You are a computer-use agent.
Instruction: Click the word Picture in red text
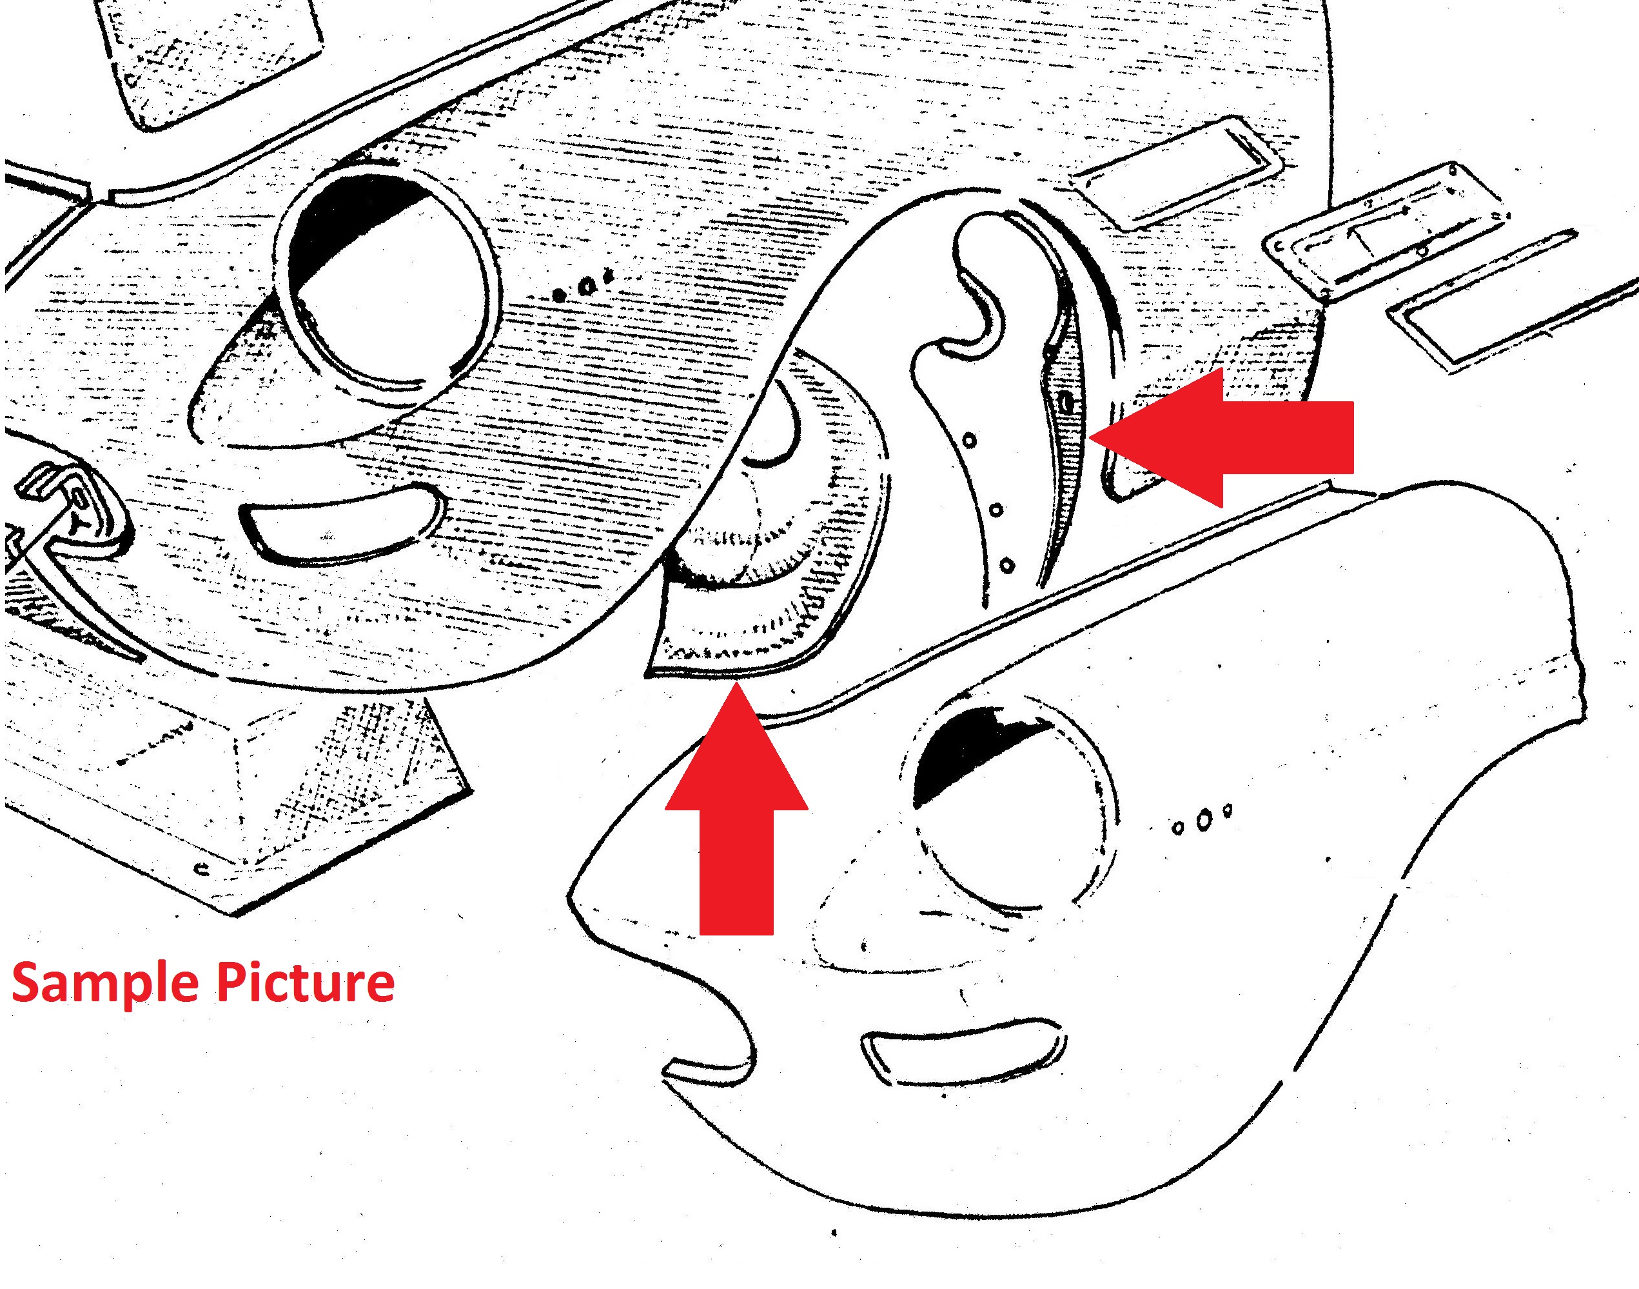306,982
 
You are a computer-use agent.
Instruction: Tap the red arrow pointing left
1222,437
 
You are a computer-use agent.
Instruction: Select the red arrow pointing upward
736,808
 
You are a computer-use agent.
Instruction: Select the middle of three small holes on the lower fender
1204,819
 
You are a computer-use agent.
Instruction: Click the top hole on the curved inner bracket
970,439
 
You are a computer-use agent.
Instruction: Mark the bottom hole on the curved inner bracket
1007,565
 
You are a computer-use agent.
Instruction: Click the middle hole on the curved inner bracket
996,510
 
